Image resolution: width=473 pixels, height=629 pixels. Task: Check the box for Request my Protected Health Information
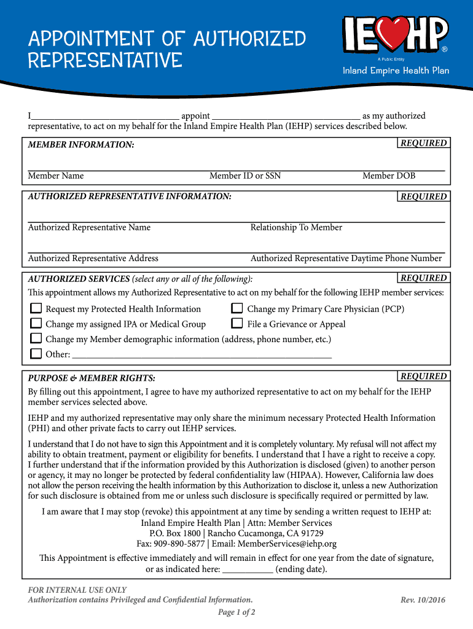point(36,308)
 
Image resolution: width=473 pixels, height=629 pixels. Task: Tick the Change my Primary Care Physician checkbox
point(237,308)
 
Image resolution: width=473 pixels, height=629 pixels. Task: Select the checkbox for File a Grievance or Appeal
point(237,324)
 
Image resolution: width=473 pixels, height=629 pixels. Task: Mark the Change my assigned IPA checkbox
point(36,324)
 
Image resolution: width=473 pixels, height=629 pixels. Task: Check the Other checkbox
point(36,354)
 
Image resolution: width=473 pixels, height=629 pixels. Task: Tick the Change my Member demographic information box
point(36,338)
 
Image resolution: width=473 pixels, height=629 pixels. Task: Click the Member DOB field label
point(389,176)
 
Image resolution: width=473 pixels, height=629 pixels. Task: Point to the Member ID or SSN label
point(245,176)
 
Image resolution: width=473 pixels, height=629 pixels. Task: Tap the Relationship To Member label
point(296,227)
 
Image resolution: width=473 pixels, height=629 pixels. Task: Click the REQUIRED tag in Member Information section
point(424,143)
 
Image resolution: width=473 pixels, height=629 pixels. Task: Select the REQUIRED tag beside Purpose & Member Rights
point(424,376)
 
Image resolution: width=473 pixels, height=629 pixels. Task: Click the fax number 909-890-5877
point(179,544)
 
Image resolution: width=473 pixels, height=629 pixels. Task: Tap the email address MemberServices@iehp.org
point(287,544)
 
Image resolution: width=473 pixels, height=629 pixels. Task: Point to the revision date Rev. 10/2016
point(423,600)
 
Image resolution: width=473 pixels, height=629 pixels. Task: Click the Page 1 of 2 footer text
point(237,612)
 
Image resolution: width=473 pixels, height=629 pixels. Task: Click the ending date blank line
point(247,569)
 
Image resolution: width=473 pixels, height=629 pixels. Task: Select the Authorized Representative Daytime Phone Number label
point(346,258)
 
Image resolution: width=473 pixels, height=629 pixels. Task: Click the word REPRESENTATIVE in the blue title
point(105,60)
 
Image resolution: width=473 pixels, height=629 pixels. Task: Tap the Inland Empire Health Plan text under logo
point(396,71)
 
